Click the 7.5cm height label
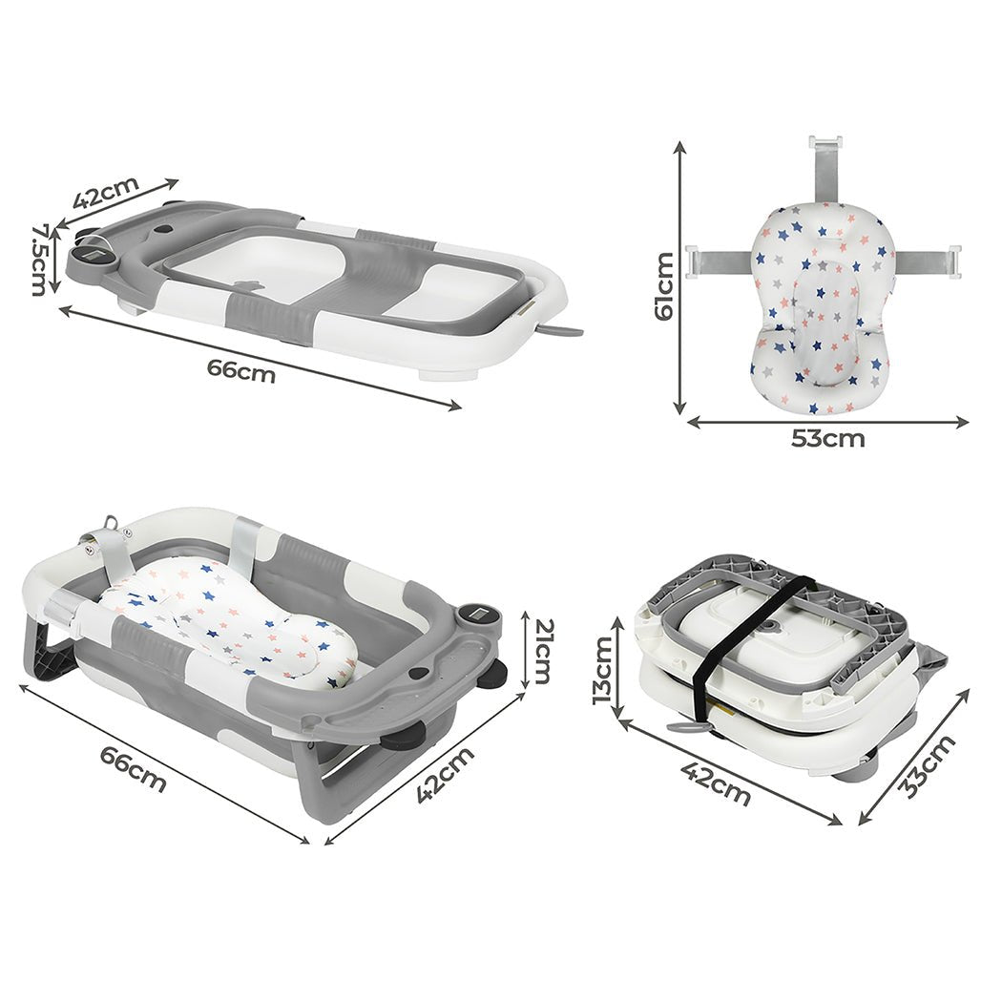(x=40, y=259)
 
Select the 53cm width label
(x=827, y=438)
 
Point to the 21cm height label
(x=543, y=651)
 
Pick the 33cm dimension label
(x=927, y=766)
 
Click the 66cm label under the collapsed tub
(x=240, y=370)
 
